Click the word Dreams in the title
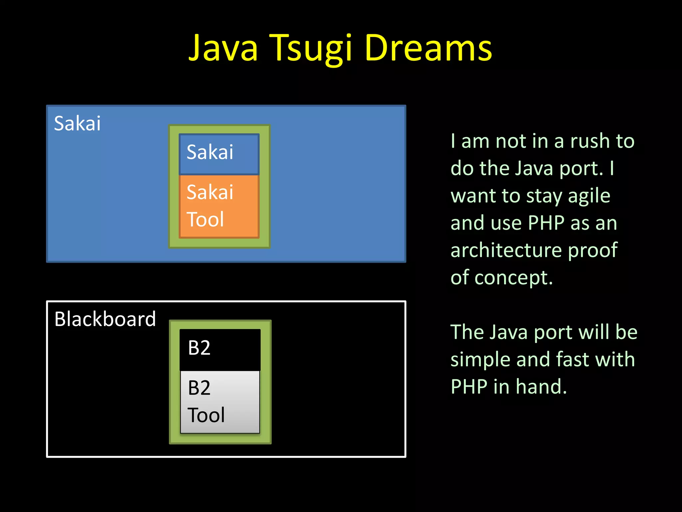point(428,48)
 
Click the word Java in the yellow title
point(223,48)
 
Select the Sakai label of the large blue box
point(77,124)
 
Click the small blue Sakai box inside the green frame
point(219,154)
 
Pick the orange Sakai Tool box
point(219,206)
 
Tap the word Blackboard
point(105,319)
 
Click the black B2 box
point(220,349)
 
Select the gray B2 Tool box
point(220,402)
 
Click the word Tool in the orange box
point(205,219)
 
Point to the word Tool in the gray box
point(206,415)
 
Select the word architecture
point(506,250)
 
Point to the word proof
point(593,251)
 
